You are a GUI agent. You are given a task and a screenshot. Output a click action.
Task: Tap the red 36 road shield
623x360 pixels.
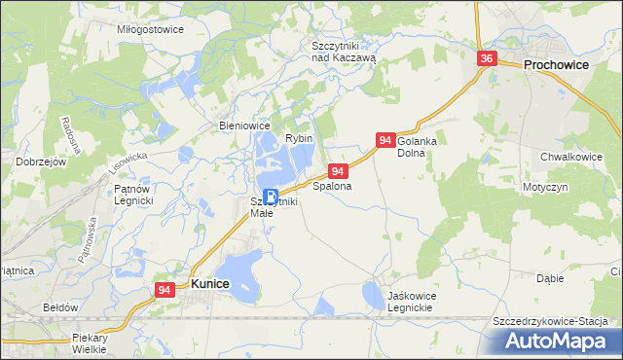[x=488, y=59]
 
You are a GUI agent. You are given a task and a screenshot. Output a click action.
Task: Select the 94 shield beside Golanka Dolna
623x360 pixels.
[x=385, y=141]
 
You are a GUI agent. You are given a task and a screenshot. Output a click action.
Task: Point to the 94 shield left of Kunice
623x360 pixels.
[x=164, y=290]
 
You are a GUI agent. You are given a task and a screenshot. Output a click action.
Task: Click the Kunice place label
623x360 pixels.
[x=210, y=284]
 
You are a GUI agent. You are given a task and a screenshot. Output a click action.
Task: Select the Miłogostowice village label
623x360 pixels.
[x=150, y=30]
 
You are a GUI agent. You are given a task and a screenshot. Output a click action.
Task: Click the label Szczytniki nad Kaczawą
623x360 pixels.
[x=343, y=52]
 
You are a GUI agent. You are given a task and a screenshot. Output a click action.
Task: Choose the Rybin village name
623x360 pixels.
[x=298, y=139]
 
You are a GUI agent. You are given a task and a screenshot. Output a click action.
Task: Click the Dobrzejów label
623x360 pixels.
[x=41, y=162]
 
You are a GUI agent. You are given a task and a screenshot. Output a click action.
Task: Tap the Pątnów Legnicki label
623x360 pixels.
[x=134, y=194]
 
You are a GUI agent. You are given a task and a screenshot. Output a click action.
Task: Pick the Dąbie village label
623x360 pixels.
[x=550, y=278]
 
